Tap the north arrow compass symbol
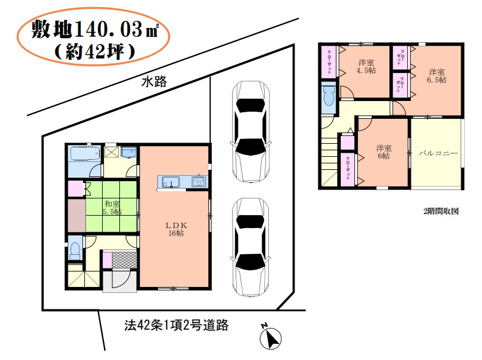[270, 337]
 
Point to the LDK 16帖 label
[176, 229]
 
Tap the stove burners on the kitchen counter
[199, 182]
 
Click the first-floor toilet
[74, 250]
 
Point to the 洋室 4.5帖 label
[366, 67]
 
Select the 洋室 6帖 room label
[383, 152]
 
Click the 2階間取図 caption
[440, 211]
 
